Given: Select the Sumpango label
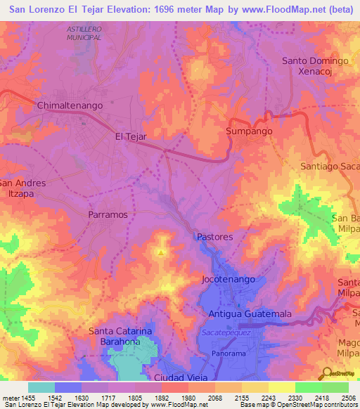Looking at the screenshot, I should coord(249,131).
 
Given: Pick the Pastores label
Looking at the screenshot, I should coord(214,238).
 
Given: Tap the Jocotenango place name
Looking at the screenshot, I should coord(226,279).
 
